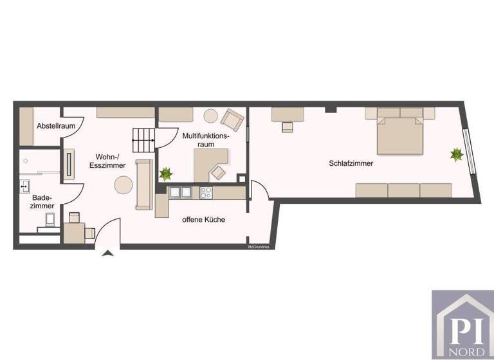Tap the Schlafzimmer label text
coord(351,163)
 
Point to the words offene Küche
coord(203,220)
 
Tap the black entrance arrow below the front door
coord(108,254)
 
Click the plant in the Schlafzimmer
coord(457,154)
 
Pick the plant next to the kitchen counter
coord(166,173)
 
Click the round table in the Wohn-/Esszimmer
coord(123,186)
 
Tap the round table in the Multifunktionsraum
coord(211,116)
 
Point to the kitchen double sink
coord(180,192)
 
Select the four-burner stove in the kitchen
coord(206,192)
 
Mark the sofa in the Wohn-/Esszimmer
coord(143,184)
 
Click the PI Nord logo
coord(462,325)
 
